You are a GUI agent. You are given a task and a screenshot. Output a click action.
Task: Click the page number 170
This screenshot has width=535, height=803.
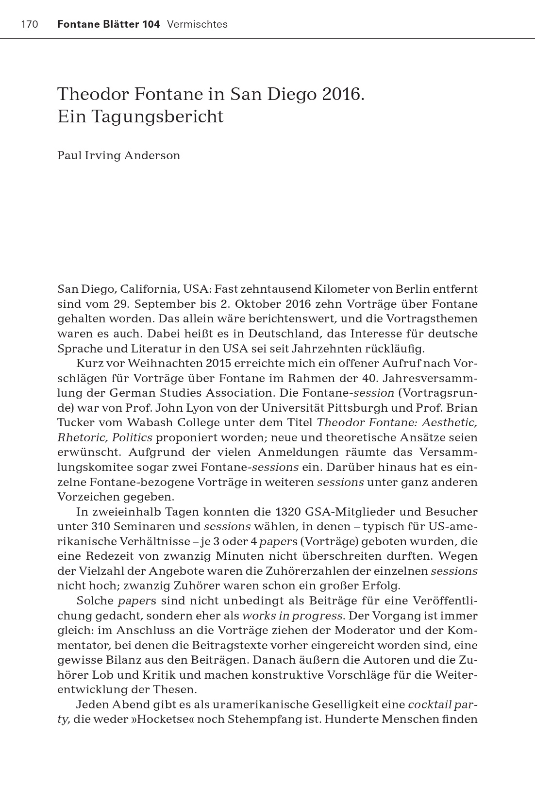tap(30, 24)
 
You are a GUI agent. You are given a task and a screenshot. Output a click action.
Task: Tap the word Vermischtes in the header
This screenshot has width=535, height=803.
tap(197, 24)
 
